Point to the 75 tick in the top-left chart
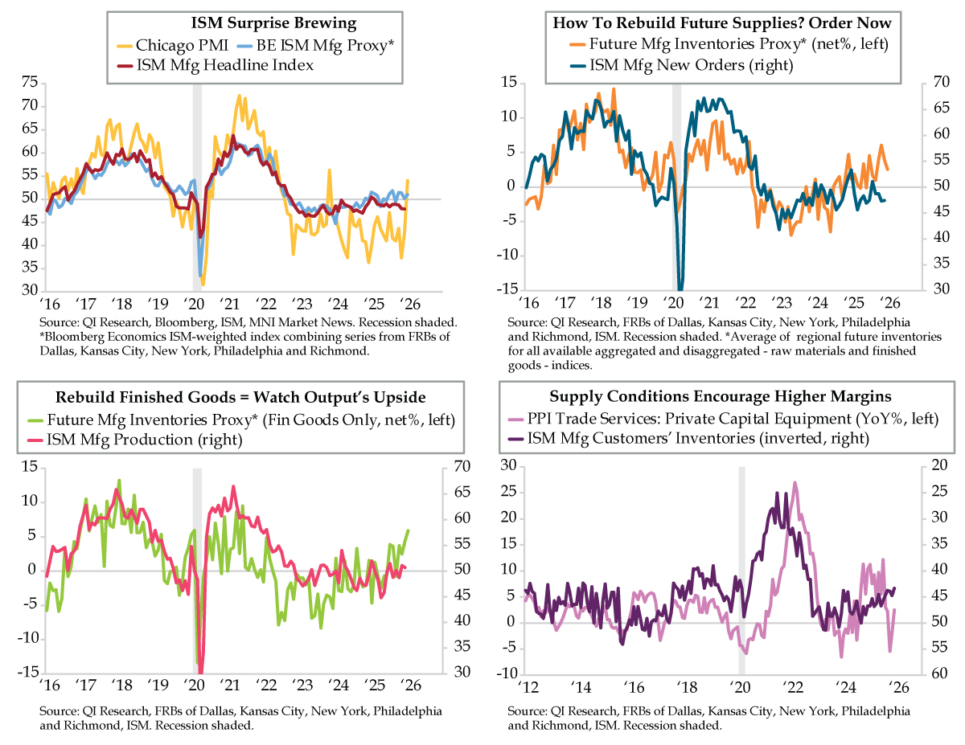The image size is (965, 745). pyautogui.click(x=29, y=82)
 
